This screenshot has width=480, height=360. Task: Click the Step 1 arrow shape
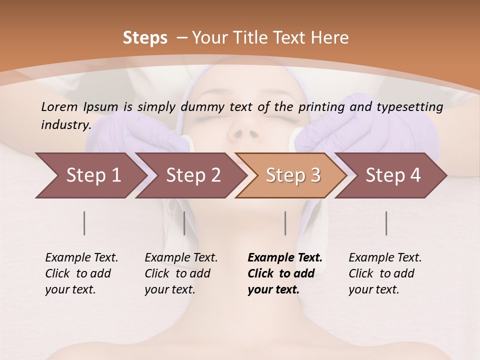pos(90,175)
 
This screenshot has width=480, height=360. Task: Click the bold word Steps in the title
pos(145,38)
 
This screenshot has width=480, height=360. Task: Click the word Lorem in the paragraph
pos(59,107)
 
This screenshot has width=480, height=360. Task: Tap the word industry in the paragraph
pos(65,125)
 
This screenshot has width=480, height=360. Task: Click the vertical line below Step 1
pos(84,223)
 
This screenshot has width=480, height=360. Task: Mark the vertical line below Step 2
pos(184,223)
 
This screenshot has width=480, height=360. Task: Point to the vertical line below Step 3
pos(285,223)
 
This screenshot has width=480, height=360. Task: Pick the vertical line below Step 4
pos(386,223)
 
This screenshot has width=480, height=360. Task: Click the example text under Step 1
pos(81,273)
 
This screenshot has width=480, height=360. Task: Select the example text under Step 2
pos(181,273)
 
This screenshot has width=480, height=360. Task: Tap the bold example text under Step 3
pos(285,273)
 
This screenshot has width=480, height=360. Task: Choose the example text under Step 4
pos(385,273)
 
